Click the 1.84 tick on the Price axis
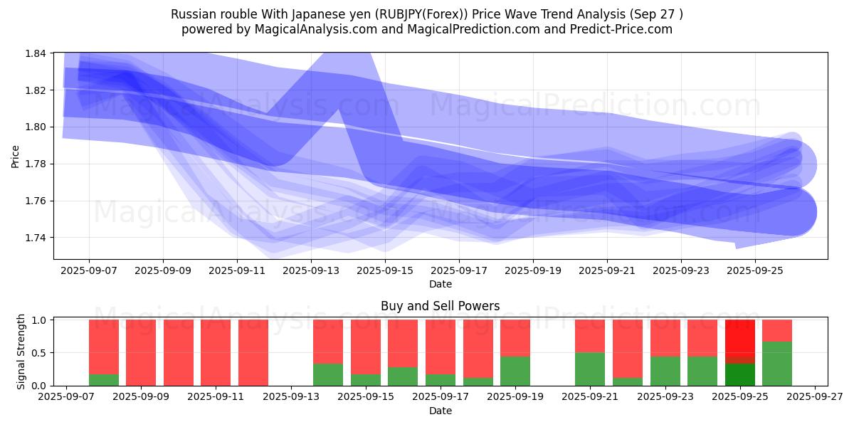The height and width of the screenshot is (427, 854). (x=37, y=53)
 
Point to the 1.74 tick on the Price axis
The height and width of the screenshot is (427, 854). (x=37, y=238)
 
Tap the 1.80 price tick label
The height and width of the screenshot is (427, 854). (x=37, y=127)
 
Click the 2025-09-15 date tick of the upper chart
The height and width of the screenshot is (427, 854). (x=385, y=270)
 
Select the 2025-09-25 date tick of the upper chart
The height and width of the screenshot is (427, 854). (x=755, y=270)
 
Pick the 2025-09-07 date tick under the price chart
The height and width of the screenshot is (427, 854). (x=89, y=270)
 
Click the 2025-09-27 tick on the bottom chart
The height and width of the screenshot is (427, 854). (x=815, y=397)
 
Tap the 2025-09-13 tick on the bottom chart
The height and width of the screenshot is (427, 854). (x=291, y=397)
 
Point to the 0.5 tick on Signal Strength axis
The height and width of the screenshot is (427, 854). (x=41, y=353)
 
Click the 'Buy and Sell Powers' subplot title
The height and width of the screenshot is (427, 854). (x=440, y=306)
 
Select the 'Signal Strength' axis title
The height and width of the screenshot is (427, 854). (x=21, y=351)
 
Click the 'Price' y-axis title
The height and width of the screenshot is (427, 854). (x=16, y=156)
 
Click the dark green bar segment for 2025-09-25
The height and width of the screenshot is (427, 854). (x=740, y=374)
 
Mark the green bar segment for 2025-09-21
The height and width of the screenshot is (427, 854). (x=590, y=369)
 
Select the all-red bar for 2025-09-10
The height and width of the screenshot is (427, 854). (x=179, y=352)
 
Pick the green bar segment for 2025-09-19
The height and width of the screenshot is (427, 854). (x=515, y=371)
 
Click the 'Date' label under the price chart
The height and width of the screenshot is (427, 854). (x=440, y=284)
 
